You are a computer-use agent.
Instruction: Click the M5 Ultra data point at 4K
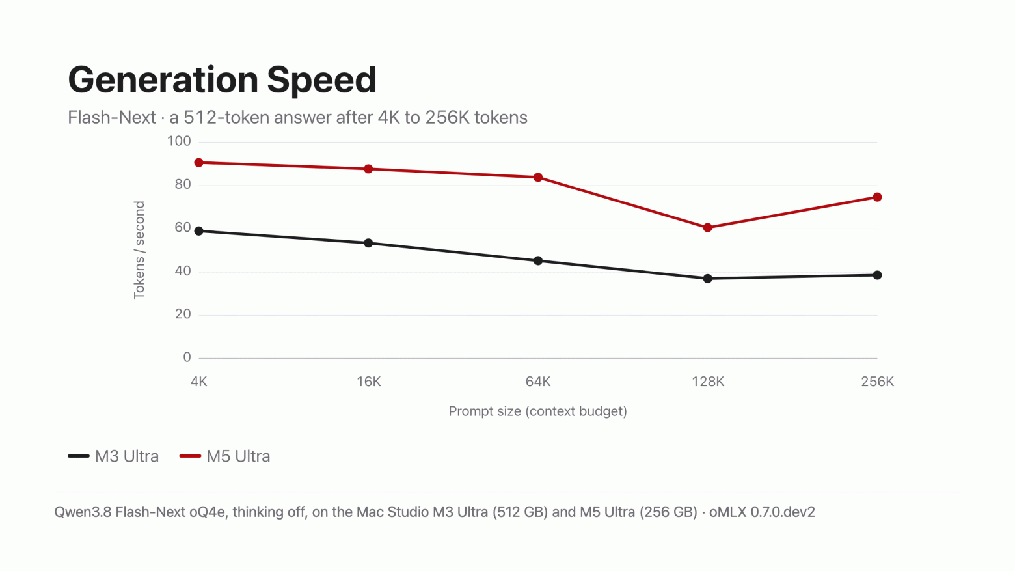[x=198, y=163]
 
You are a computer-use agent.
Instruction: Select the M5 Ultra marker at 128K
[x=708, y=228]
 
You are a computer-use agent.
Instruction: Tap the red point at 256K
[x=877, y=197]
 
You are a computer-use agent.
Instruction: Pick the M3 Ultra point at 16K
[x=368, y=243]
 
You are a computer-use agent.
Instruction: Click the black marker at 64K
[x=538, y=261]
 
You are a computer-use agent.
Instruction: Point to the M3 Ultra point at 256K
[x=877, y=275]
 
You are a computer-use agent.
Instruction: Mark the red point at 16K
[x=368, y=169]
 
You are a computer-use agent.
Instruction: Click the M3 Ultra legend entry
[x=113, y=456]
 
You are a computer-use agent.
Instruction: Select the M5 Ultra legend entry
[x=224, y=456]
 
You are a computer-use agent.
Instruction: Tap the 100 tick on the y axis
[x=179, y=141]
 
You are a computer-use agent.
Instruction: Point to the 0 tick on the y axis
[x=187, y=357]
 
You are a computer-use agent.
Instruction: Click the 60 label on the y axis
[x=183, y=228]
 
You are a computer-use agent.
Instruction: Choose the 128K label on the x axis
[x=708, y=382]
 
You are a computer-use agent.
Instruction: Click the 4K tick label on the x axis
[x=198, y=382]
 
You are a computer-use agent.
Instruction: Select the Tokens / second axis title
[x=139, y=251]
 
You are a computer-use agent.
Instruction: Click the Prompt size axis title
[x=538, y=411]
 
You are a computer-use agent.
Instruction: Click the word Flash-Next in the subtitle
[x=111, y=117]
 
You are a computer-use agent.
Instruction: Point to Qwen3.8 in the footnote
[x=83, y=512]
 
